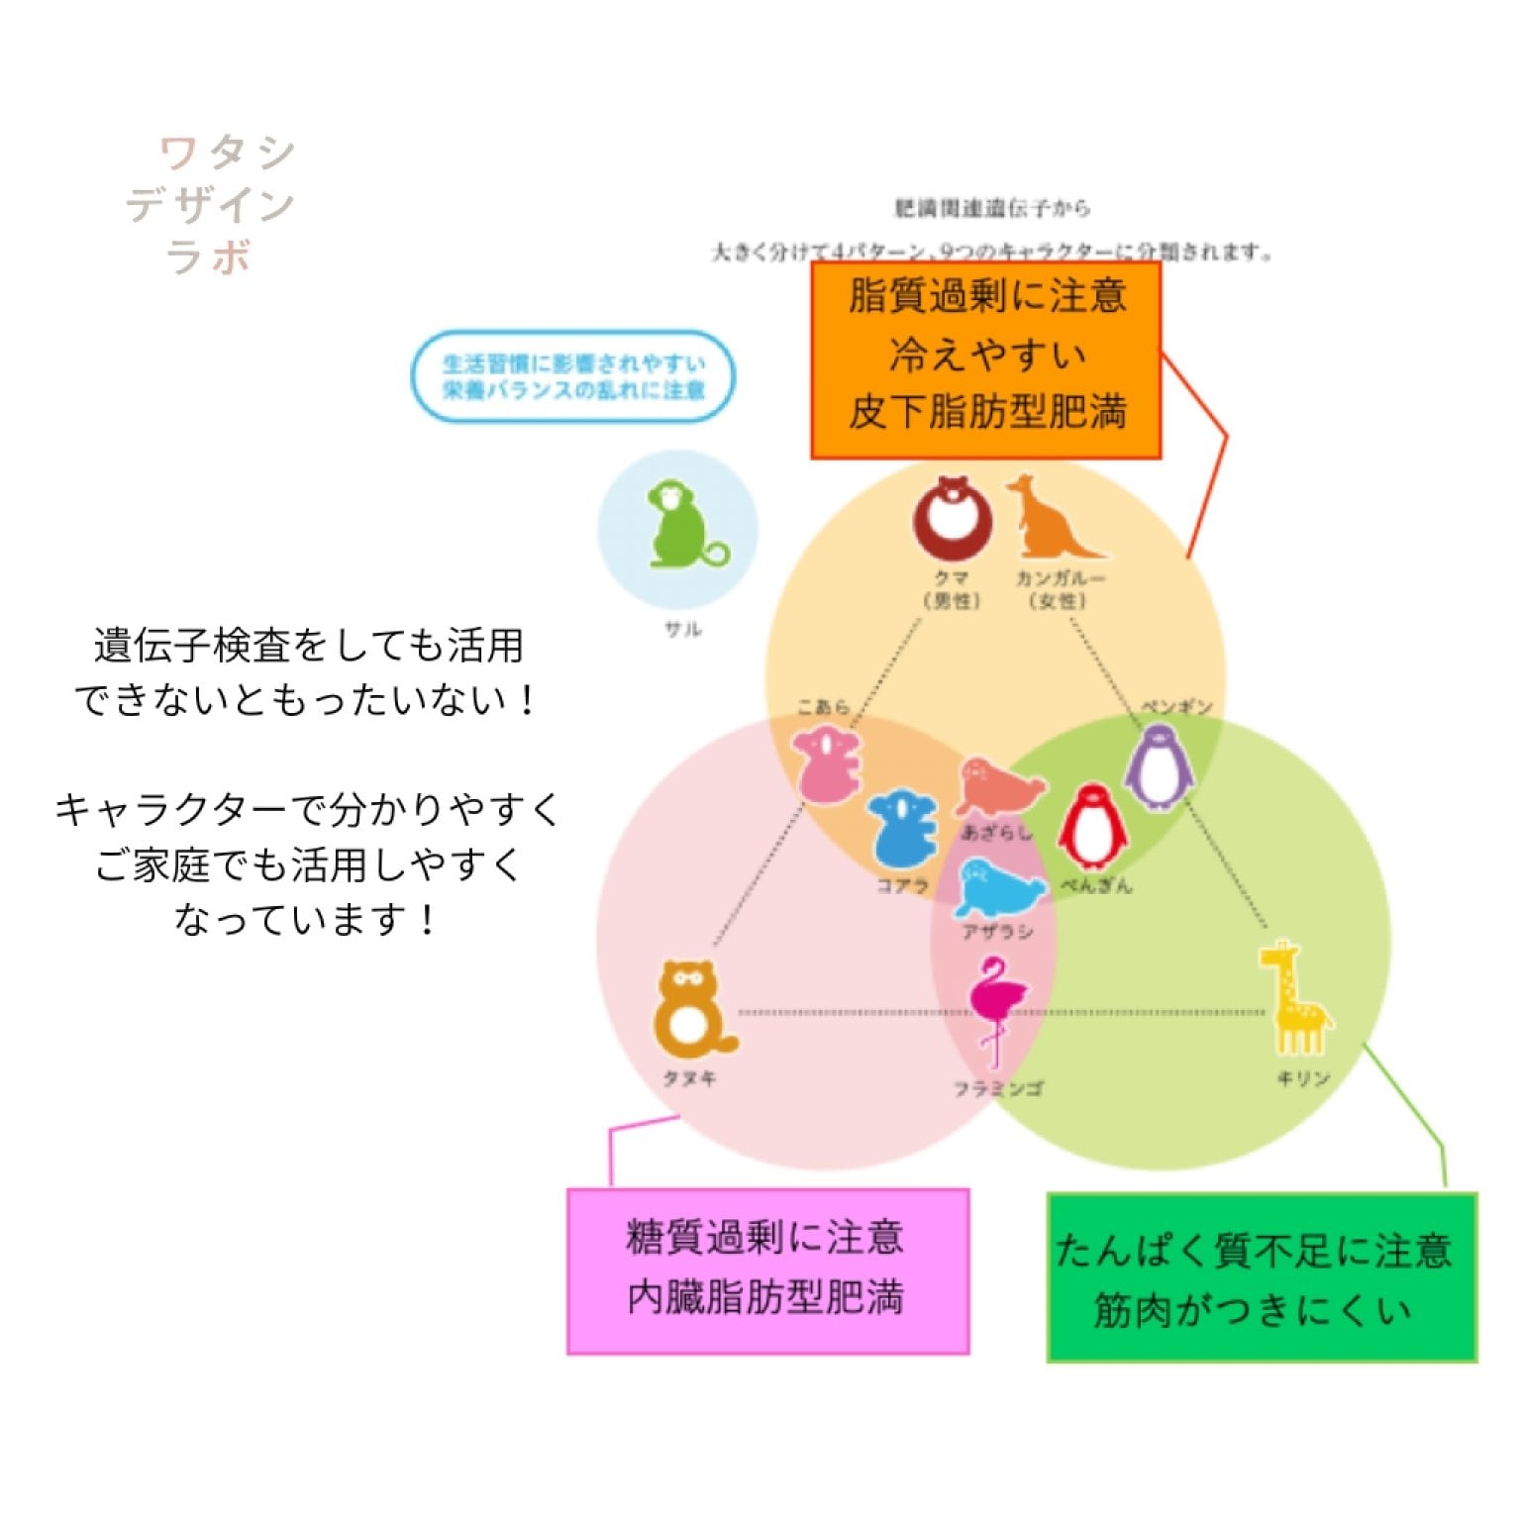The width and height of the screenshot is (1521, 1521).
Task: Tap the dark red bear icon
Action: pyautogui.click(x=952, y=519)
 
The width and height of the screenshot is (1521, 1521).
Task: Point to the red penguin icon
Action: pyautogui.click(x=1091, y=828)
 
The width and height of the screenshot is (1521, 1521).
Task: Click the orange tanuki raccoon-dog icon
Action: pyautogui.click(x=691, y=1009)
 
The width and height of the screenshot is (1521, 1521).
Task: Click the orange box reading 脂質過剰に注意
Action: pyautogui.click(x=986, y=359)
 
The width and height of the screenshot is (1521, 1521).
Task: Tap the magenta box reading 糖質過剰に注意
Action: pyautogui.click(x=767, y=1270)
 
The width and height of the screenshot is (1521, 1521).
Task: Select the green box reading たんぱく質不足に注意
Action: pyautogui.click(x=1262, y=1277)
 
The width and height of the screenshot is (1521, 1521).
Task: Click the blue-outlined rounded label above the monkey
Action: pyautogui.click(x=573, y=377)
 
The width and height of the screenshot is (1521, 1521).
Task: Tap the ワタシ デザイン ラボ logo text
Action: pyautogui.click(x=211, y=205)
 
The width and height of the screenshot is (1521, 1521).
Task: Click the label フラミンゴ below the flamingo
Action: pyautogui.click(x=997, y=1088)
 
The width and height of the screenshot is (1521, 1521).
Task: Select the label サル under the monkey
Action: pyautogui.click(x=683, y=629)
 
